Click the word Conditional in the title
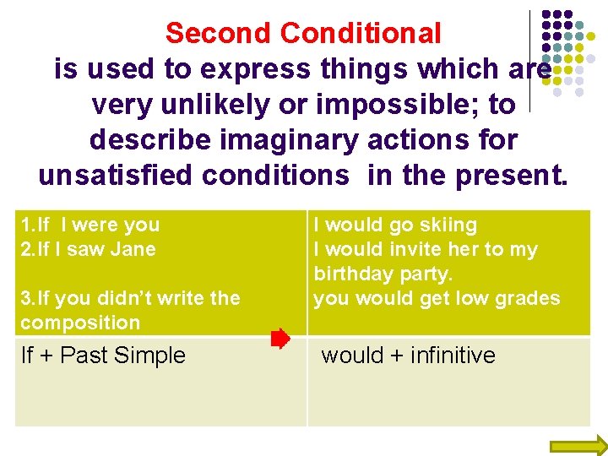(361, 34)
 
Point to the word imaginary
(288, 139)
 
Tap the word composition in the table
(80, 323)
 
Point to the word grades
(528, 298)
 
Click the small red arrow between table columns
(280, 340)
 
